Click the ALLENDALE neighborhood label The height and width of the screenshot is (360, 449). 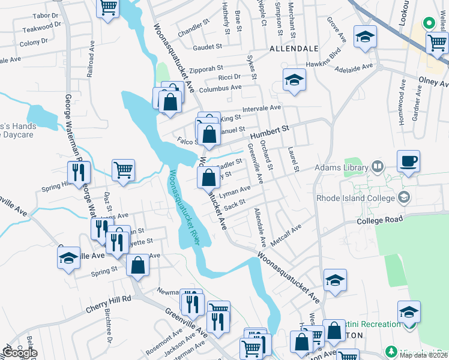(294, 47)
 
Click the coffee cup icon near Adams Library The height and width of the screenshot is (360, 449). (408, 161)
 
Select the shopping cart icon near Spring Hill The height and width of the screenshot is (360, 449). (123, 170)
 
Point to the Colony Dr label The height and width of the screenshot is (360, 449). (33, 43)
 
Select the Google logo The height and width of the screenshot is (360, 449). (20, 353)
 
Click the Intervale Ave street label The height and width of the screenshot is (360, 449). (261, 109)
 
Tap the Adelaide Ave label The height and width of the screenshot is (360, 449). (354, 67)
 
